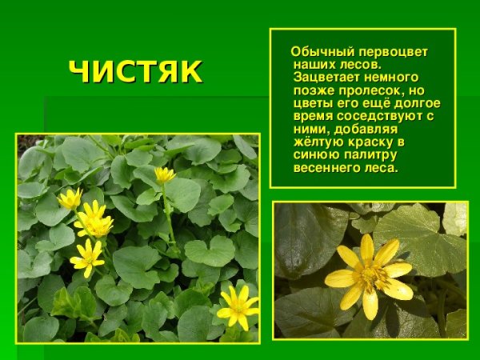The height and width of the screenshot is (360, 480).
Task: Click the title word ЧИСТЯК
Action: tap(135, 72)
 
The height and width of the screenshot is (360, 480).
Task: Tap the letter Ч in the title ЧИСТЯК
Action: tap(79, 72)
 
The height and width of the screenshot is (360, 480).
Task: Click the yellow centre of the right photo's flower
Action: tap(370, 275)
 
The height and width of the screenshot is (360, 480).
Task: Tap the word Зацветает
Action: tap(325, 78)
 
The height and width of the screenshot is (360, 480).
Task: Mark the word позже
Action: tap(312, 90)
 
